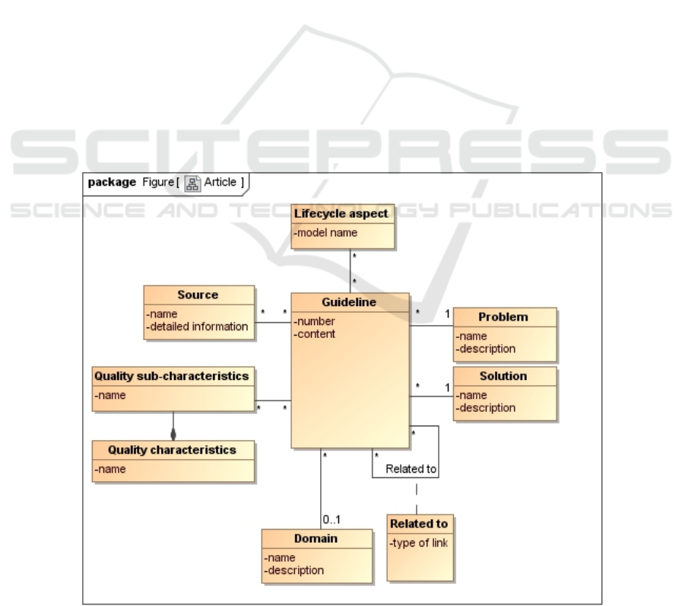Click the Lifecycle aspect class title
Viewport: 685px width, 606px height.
[x=341, y=213]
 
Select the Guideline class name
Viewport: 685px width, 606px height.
[x=349, y=302]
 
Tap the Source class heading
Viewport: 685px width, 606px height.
[x=198, y=295]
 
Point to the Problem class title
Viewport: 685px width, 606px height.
[x=503, y=317]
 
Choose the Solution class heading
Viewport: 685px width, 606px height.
[x=503, y=376]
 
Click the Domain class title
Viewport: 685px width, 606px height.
[x=316, y=538]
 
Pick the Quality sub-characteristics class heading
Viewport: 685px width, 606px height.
[x=172, y=376]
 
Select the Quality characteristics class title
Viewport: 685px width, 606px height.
[x=172, y=450]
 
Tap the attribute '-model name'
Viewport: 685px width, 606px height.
[x=325, y=233]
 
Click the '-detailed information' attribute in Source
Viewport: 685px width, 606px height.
[x=197, y=327]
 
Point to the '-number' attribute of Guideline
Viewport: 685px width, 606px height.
[x=315, y=321]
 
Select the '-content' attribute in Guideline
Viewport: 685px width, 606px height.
[x=315, y=334]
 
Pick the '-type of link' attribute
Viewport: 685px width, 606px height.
[x=418, y=543]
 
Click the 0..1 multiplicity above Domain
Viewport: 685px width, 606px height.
[x=331, y=519]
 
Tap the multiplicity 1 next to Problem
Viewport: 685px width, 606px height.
[x=447, y=314]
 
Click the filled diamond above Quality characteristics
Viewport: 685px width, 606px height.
[x=173, y=434]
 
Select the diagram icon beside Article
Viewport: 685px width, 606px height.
[x=192, y=183]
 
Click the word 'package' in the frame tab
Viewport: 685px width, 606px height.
[x=112, y=182]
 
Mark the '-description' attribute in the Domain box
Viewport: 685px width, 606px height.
[x=294, y=570]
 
